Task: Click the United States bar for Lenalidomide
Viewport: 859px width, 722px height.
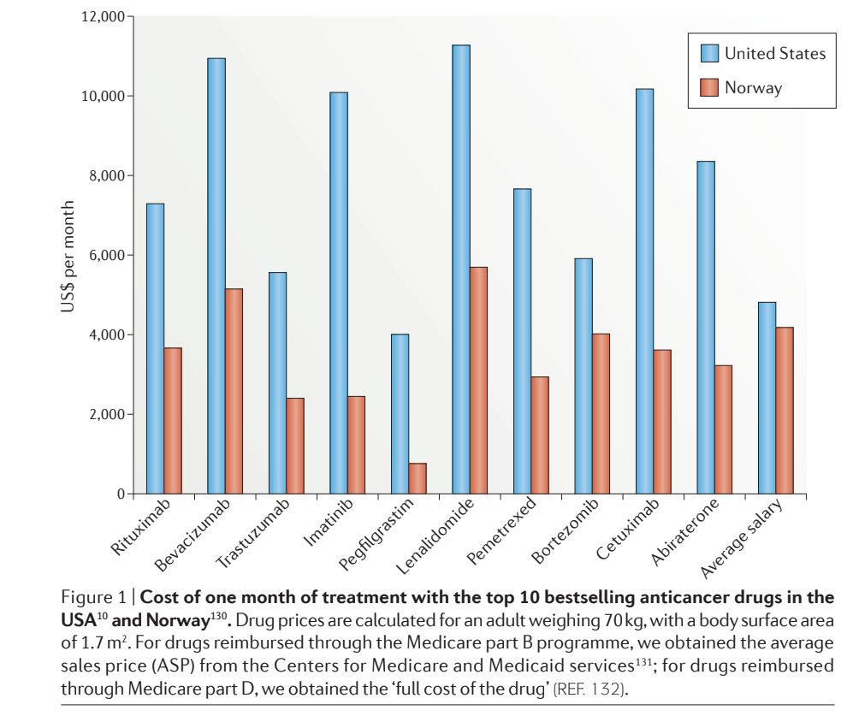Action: pyautogui.click(x=460, y=269)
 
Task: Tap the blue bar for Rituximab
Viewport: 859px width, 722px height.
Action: pyautogui.click(x=155, y=349)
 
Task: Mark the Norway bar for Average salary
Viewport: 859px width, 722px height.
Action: pyautogui.click(x=784, y=411)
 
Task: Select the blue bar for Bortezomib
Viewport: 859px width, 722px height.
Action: pyautogui.click(x=583, y=376)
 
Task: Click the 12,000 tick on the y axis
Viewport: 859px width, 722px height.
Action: pyautogui.click(x=103, y=16)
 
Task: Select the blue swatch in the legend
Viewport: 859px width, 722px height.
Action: pyautogui.click(x=709, y=53)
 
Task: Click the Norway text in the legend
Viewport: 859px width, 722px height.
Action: pyautogui.click(x=753, y=87)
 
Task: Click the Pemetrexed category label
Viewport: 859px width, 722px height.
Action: pyautogui.click(x=503, y=533)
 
